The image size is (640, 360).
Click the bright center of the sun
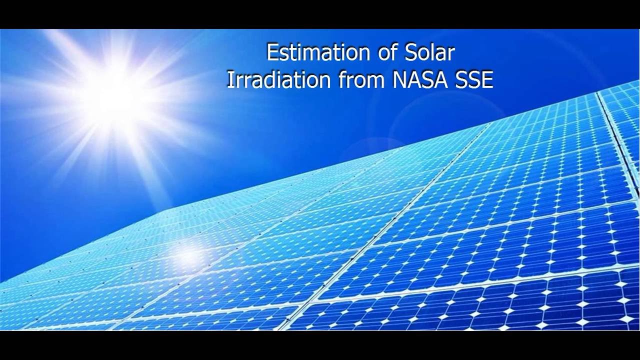click(x=114, y=95)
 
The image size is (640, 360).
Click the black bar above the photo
click(x=320, y=14)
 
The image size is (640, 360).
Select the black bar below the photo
click(x=320, y=345)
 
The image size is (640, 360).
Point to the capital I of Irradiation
click(x=229, y=80)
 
